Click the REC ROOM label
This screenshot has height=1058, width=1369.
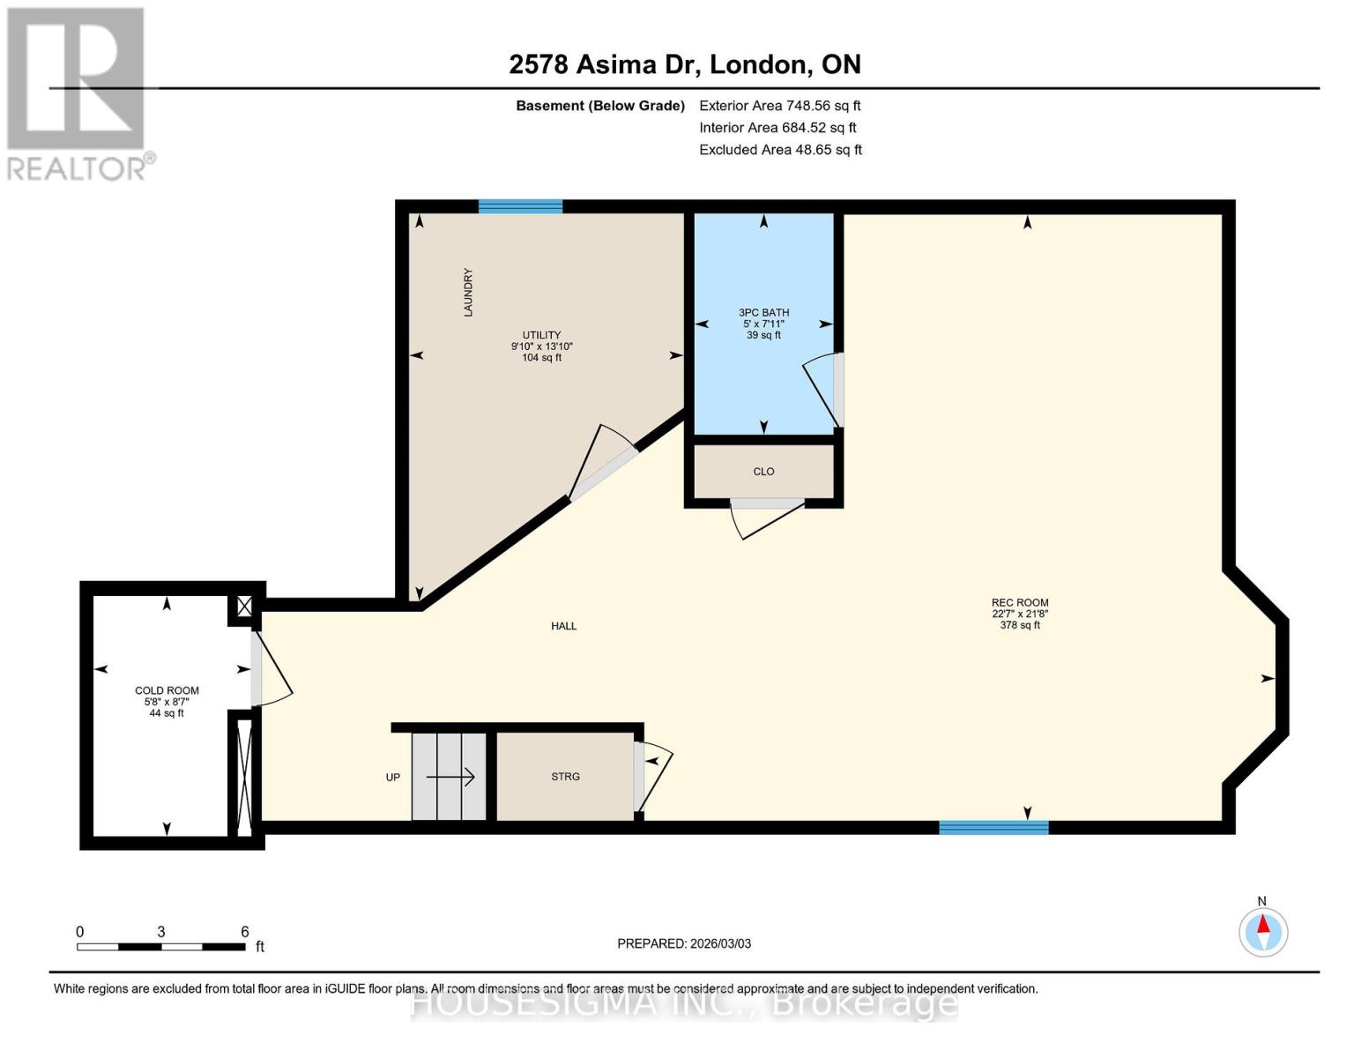(1020, 603)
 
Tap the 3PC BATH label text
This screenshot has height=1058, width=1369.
(763, 313)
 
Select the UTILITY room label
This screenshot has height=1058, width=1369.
(541, 335)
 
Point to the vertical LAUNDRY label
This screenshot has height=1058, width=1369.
(468, 293)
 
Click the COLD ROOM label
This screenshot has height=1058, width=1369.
(167, 690)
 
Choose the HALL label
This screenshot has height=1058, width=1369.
(564, 626)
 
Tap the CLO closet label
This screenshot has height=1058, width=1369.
(763, 472)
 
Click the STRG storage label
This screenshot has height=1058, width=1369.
(565, 777)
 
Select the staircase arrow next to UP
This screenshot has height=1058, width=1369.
(450, 777)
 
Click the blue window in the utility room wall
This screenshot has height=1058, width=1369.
(520, 206)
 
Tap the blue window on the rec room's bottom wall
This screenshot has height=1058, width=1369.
(993, 827)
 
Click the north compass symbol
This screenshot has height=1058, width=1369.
(1263, 931)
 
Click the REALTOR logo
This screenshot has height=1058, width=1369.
(78, 93)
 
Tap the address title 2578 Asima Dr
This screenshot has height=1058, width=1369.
(684, 64)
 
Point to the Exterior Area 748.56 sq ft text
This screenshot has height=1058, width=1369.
(779, 106)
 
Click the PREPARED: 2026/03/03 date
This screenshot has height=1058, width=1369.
(684, 943)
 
